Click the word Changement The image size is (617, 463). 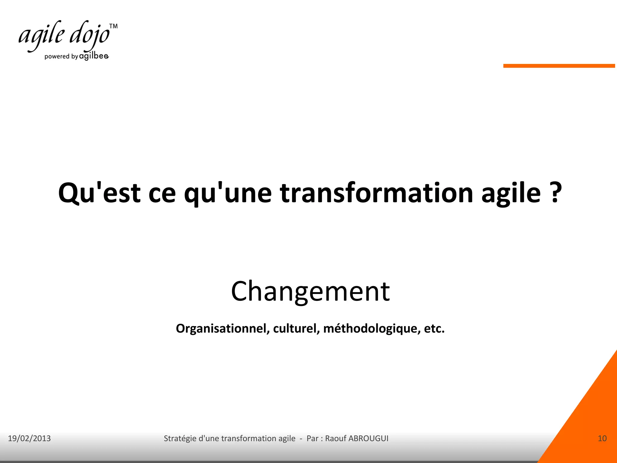point(310,291)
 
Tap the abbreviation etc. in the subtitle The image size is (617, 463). point(434,329)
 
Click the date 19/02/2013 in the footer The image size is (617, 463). point(29,438)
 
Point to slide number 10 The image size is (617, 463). point(602,438)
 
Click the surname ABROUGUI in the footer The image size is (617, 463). point(368,438)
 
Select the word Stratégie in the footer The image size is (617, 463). point(180,438)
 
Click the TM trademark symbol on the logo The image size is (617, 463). point(113,26)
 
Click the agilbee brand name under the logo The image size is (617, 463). point(94,56)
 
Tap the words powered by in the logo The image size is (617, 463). point(61,56)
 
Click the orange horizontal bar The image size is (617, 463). point(559,66)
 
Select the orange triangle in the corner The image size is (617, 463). point(590,422)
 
